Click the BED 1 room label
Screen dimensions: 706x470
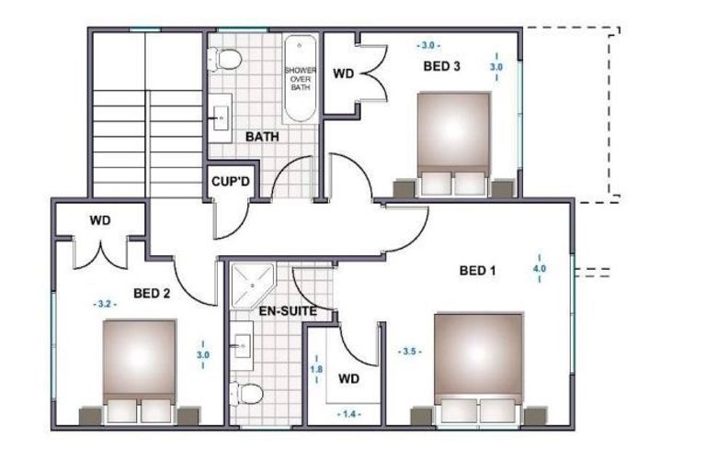point(477,271)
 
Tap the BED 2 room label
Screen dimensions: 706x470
point(152,294)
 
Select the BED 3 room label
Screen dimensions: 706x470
point(441,67)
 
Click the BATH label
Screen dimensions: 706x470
point(262,137)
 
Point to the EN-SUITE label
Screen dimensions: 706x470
point(288,311)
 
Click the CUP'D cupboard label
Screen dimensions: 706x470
point(231,182)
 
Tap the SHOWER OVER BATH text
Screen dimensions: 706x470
point(301,79)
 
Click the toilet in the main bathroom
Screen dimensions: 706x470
point(224,59)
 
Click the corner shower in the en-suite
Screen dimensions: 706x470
point(252,285)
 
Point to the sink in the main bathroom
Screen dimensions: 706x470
point(221,118)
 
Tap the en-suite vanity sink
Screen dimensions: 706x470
point(242,346)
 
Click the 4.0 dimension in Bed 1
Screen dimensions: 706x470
point(540,269)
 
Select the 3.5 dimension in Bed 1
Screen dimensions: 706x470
point(410,352)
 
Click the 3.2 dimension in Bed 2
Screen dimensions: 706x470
point(105,304)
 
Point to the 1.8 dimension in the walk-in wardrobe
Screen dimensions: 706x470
point(316,369)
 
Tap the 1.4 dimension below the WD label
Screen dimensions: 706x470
point(349,414)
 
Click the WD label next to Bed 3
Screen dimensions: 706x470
point(344,73)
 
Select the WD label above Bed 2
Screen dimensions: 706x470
point(100,220)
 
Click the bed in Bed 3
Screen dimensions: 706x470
point(453,144)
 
